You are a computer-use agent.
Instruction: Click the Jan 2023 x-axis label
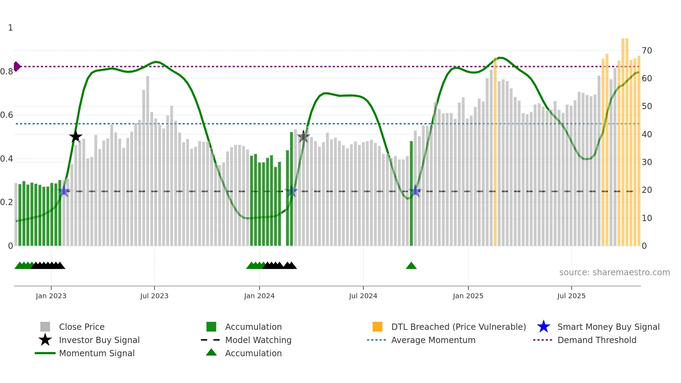pyautogui.click(x=51, y=296)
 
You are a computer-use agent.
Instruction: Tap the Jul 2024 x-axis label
pyautogui.click(x=363, y=296)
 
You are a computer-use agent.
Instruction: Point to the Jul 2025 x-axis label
pyautogui.click(x=571, y=296)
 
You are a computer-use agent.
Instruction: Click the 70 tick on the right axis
pyautogui.click(x=647, y=51)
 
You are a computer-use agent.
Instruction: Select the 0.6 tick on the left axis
pyautogui.click(x=7, y=115)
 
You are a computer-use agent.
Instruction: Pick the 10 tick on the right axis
pyautogui.click(x=647, y=218)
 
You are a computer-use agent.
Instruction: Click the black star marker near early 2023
pyautogui.click(x=75, y=137)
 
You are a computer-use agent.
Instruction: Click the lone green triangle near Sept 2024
pyautogui.click(x=411, y=266)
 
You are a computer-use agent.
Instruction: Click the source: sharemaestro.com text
pyautogui.click(x=614, y=272)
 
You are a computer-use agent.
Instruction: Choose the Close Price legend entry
pyautogui.click(x=82, y=327)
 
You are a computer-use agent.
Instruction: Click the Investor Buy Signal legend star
pyautogui.click(x=45, y=340)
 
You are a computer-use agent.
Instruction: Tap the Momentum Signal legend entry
pyautogui.click(x=97, y=353)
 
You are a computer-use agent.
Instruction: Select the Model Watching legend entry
pyautogui.click(x=258, y=340)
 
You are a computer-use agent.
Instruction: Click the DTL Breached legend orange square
pyautogui.click(x=377, y=327)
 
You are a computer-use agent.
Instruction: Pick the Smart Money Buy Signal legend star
pyautogui.click(x=543, y=327)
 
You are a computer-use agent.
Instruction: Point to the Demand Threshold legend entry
pyautogui.click(x=597, y=340)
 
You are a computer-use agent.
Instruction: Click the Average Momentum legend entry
pyautogui.click(x=433, y=340)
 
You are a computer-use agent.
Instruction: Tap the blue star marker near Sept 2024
pyautogui.click(x=415, y=191)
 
